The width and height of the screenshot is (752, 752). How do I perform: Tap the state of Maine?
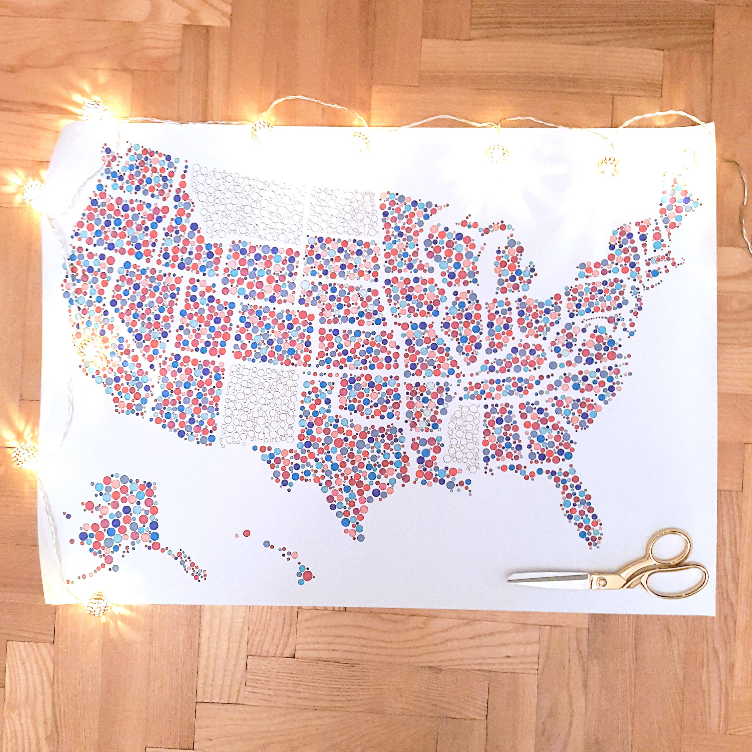679,202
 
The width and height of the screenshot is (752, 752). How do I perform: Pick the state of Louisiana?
432,463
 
